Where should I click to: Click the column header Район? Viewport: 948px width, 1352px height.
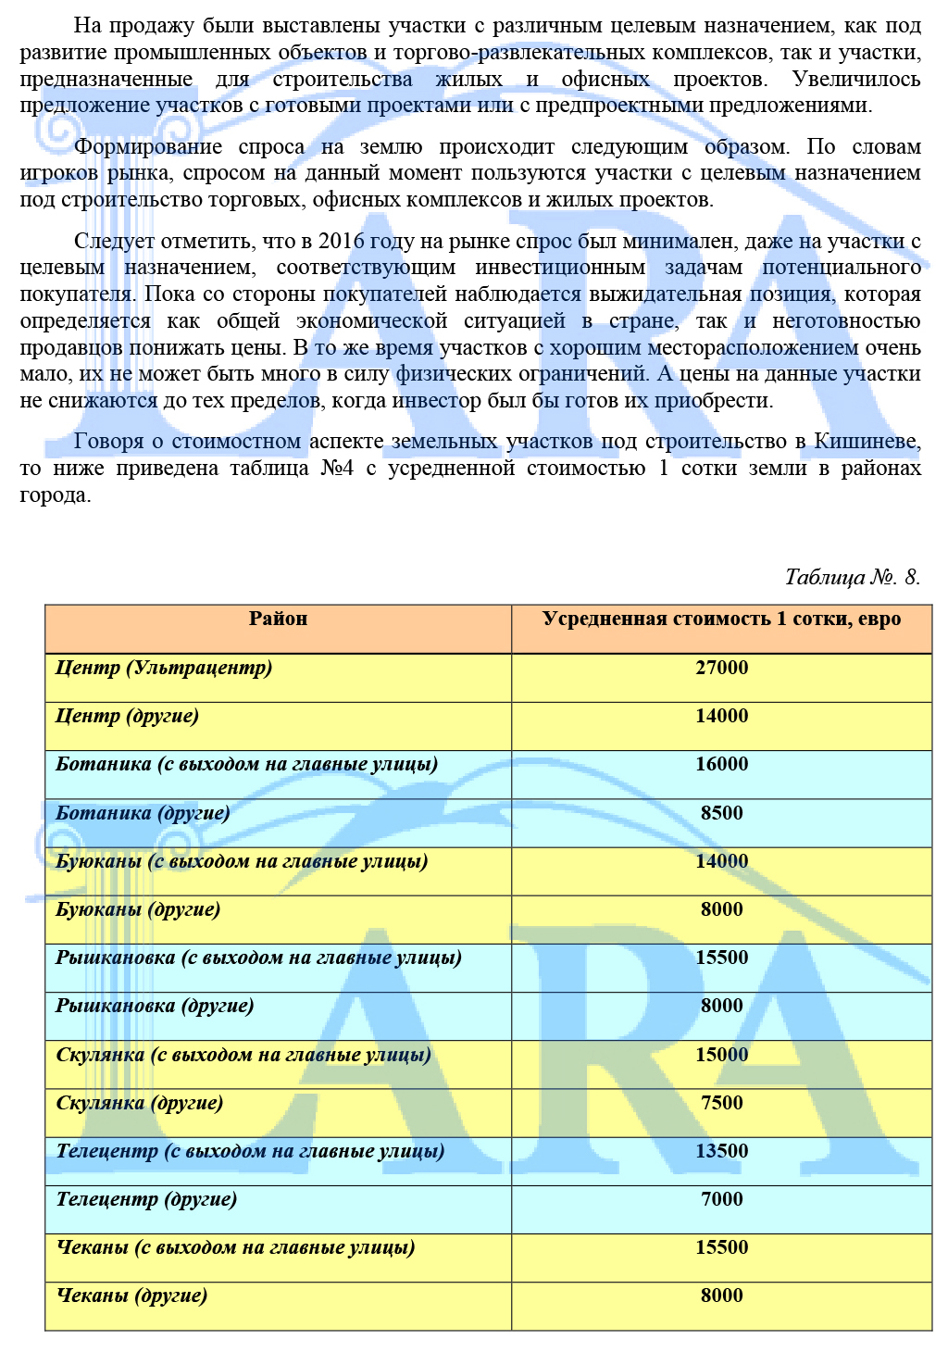(x=278, y=619)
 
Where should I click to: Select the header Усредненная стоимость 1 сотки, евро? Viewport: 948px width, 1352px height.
(x=721, y=619)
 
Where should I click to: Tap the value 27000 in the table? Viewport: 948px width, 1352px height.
(x=721, y=668)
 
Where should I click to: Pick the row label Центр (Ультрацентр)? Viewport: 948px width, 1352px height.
(x=164, y=668)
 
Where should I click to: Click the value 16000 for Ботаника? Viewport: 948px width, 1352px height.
(x=721, y=764)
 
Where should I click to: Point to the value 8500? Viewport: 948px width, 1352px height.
(x=721, y=813)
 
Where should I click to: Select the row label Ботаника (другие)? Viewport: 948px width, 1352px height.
(x=143, y=813)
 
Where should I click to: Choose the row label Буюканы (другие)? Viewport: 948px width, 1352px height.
(x=138, y=909)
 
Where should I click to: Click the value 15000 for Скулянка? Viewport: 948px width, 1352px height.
(x=721, y=1055)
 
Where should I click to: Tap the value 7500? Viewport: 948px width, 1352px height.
(x=721, y=1103)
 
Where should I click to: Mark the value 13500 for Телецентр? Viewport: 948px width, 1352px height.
(x=721, y=1151)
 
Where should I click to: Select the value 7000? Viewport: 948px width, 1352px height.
(x=721, y=1199)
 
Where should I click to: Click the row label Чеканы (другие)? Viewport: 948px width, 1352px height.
(x=131, y=1296)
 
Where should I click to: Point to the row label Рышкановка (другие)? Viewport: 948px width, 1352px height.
(x=155, y=1006)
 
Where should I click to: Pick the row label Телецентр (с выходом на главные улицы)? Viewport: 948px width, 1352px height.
(x=250, y=1151)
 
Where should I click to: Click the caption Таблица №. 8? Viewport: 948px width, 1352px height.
(x=852, y=577)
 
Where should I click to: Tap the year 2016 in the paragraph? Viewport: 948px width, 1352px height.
(x=343, y=242)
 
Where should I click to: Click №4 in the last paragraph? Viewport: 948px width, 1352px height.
(x=337, y=469)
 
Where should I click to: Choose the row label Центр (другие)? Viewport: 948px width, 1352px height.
(x=127, y=716)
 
